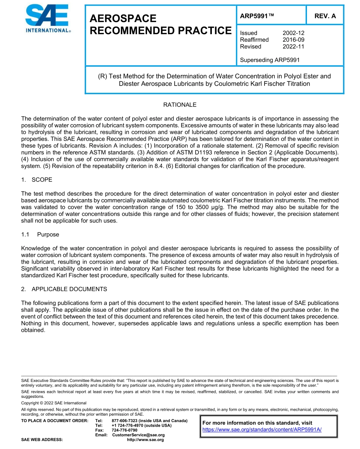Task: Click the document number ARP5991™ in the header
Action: coord(257,16)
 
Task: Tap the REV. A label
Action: coord(325,16)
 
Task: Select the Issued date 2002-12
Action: coord(293,33)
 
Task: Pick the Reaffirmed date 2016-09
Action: coord(293,40)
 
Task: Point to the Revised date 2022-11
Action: coord(293,47)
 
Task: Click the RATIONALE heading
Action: coord(180,105)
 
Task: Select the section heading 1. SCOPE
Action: coord(37,180)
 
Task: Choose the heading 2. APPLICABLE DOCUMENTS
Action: coord(64,289)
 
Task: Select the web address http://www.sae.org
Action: coord(146,440)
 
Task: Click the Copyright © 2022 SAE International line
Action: coord(54,403)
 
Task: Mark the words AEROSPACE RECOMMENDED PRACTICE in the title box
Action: coord(160,25)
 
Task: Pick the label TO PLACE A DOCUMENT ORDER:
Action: coord(55,421)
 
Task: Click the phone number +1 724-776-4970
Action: coord(128,425)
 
